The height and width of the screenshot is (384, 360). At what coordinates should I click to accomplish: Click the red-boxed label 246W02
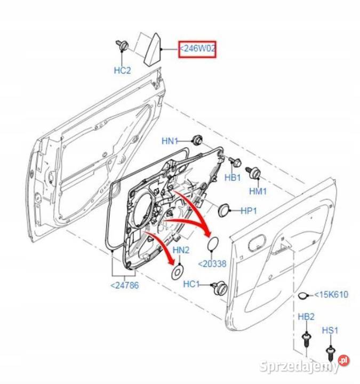197,50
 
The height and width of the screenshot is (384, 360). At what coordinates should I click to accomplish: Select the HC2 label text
122,70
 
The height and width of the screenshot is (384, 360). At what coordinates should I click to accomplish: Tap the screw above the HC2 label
121,46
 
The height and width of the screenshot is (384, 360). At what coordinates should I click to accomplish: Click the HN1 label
170,141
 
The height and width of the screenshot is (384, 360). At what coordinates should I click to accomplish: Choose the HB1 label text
233,178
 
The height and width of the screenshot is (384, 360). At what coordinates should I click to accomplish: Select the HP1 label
249,211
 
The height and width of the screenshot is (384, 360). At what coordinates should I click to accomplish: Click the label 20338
212,264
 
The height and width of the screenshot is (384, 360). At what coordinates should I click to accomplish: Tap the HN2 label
181,250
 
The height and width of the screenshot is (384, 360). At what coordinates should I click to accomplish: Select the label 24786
124,285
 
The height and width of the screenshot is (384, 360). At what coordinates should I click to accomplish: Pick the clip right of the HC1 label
218,287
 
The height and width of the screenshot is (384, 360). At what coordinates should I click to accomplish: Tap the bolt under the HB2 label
306,339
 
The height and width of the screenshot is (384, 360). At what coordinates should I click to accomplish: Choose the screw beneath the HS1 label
330,353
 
